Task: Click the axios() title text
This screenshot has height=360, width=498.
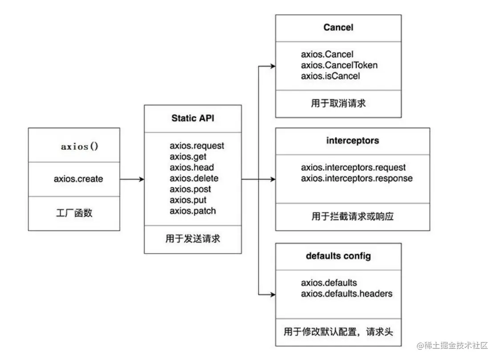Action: pyautogui.click(x=79, y=146)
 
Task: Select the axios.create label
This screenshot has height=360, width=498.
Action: pyautogui.click(x=78, y=179)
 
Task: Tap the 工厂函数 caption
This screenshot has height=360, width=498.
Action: pyautogui.click(x=74, y=213)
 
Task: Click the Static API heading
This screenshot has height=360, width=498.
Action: pyautogui.click(x=193, y=118)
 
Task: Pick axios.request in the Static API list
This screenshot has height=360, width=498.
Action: pyautogui.click(x=197, y=146)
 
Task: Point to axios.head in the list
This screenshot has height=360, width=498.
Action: pyautogui.click(x=191, y=167)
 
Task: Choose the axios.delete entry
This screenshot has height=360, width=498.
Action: pyautogui.click(x=194, y=178)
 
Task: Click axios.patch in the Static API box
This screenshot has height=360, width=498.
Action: pyautogui.click(x=192, y=211)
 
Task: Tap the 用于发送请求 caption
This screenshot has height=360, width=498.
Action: pyautogui.click(x=192, y=239)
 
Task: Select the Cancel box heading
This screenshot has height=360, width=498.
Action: pyautogui.click(x=338, y=27)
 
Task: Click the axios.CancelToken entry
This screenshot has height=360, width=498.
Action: pyautogui.click(x=339, y=65)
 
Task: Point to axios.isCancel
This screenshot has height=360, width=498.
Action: pyautogui.click(x=330, y=76)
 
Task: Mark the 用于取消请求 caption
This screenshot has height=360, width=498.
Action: pyautogui.click(x=338, y=103)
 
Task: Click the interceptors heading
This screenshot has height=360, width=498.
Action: pyautogui.click(x=352, y=140)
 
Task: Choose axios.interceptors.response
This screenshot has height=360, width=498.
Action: pyautogui.click(x=356, y=178)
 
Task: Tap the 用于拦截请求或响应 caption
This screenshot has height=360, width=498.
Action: pyautogui.click(x=352, y=217)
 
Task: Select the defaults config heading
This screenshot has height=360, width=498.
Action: pyautogui.click(x=338, y=256)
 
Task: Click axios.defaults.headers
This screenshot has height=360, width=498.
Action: pyautogui.click(x=347, y=294)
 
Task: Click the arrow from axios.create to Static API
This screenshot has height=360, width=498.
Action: pyautogui.click(x=132, y=179)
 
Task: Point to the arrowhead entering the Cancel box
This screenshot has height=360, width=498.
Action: pyautogui.click(x=273, y=66)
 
